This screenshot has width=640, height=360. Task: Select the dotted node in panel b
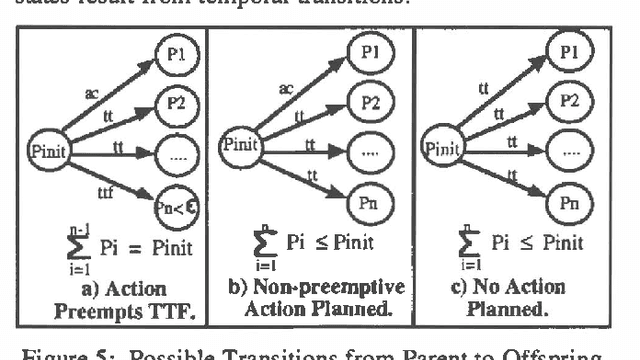pos(368,152)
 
